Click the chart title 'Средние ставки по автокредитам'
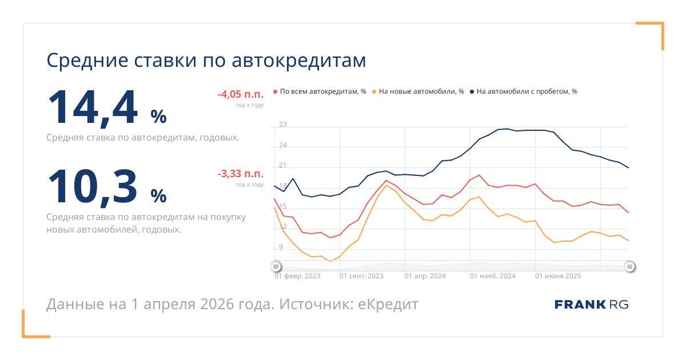pos(206,61)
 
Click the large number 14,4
pos(93,108)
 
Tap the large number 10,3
pos(93,186)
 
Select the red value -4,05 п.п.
pos(240,95)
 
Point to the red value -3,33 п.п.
pos(240,174)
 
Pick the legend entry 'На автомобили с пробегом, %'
pos(527,91)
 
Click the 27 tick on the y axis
pos(283,125)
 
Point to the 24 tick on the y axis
pos(283,145)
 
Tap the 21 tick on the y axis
pos(283,166)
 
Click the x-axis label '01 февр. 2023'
pos(297,276)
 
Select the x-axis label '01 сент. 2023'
pos(361,276)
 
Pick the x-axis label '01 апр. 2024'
pos(425,276)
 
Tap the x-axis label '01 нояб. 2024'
pos(492,276)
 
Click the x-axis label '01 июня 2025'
pos(558,276)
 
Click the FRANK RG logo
pos(592,305)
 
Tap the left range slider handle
pos(276,266)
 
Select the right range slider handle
pos(629,266)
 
